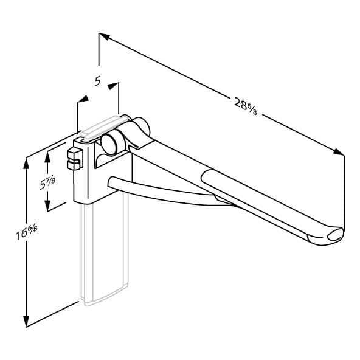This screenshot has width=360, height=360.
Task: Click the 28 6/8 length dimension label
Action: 245,106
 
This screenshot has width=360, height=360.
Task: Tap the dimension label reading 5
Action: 97,81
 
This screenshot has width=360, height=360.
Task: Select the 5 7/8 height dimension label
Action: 47,182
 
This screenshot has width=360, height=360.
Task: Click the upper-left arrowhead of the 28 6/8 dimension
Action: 104,36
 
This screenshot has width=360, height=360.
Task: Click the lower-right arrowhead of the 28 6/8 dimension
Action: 339,152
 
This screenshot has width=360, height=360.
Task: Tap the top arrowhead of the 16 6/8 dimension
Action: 26,164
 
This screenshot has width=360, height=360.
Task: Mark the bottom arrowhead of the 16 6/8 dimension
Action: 26,321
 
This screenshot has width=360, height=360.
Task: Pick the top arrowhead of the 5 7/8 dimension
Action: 47,157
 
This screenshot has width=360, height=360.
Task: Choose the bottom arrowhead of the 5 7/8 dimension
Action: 47,206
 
